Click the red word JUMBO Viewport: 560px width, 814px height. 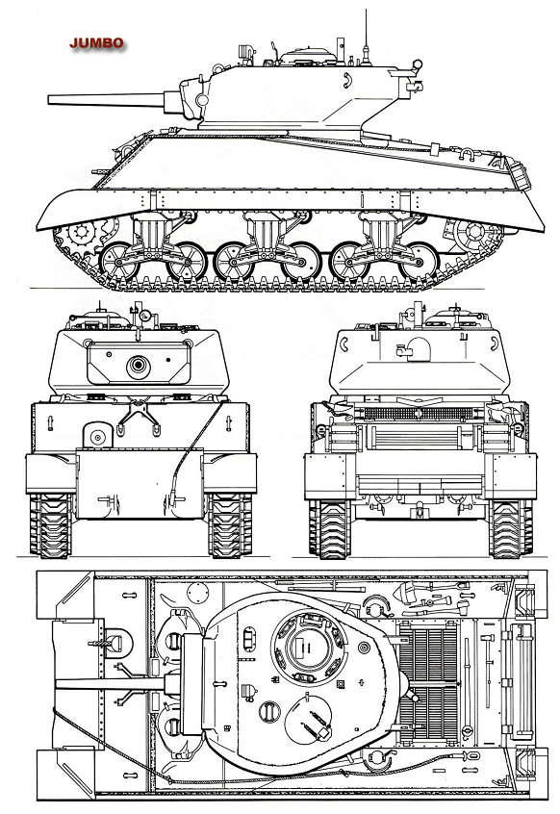coord(96,43)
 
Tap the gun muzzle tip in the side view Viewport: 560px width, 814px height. coord(49,100)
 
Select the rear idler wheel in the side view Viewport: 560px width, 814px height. coord(471,233)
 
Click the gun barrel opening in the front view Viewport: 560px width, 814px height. coord(138,365)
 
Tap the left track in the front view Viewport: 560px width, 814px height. coord(50,525)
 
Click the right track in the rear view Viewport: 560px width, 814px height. coord(511,529)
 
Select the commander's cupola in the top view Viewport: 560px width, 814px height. coord(302,647)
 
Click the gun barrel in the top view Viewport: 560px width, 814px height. coord(110,684)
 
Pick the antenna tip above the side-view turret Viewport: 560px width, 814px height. coord(366,11)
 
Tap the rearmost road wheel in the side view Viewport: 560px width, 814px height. coord(420,262)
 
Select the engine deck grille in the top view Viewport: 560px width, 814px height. coord(427,681)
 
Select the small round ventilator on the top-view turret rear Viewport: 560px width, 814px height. coord(365,647)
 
